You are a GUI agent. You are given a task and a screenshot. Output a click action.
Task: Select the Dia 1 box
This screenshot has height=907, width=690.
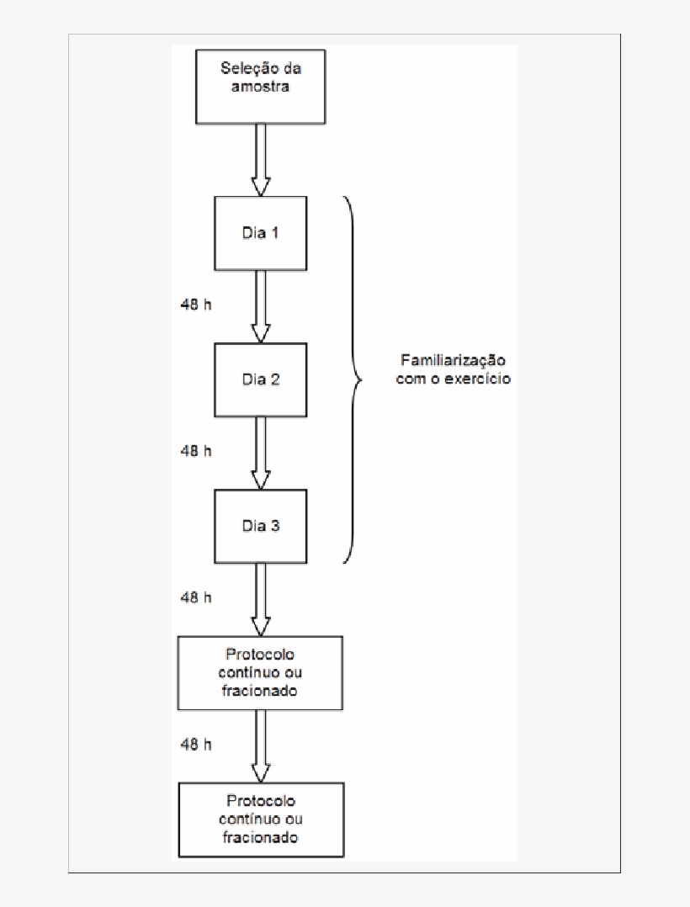point(260,233)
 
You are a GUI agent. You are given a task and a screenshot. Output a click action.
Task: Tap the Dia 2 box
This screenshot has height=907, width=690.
point(260,379)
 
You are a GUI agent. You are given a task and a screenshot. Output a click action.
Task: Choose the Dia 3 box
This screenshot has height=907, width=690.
point(260,526)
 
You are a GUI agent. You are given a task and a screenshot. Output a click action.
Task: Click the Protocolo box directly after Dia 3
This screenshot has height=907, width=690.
point(260,672)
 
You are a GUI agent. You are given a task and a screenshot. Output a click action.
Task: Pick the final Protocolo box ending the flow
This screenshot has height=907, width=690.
point(260,819)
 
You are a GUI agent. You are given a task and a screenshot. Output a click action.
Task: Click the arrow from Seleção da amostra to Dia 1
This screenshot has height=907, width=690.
point(261,160)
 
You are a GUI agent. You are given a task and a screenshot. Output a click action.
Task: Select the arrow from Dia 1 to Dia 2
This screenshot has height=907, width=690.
point(261,306)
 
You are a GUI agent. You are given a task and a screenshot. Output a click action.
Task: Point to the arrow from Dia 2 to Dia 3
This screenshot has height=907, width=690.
point(261,453)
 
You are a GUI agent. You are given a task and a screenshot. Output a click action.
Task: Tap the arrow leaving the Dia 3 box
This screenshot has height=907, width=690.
point(261,599)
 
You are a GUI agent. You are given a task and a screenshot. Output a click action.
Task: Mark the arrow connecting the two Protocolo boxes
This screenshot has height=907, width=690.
point(261,745)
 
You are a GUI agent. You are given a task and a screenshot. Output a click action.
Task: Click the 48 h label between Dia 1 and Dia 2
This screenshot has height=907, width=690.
point(196,305)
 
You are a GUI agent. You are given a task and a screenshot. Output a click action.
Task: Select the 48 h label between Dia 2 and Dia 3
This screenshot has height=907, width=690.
point(196,451)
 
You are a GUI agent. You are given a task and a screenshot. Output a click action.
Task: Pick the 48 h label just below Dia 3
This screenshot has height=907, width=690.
point(196,597)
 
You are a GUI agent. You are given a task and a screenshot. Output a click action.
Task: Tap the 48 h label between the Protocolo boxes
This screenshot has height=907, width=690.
point(196,744)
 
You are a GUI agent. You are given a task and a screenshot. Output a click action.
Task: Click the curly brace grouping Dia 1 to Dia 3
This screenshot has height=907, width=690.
point(354,379)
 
